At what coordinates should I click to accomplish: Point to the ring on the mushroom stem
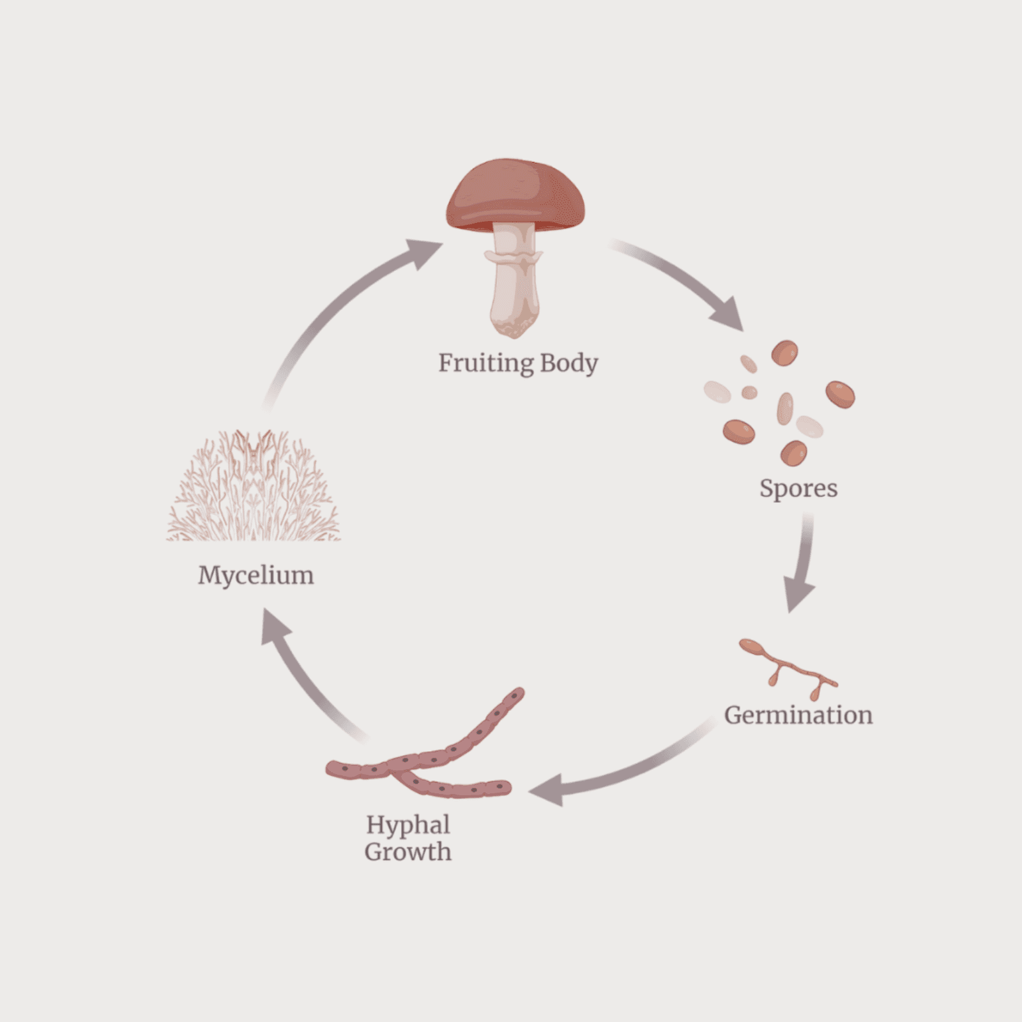tap(514, 257)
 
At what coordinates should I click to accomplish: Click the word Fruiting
tap(485, 363)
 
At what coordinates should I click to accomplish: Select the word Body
tap(568, 363)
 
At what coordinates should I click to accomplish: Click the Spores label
tap(798, 489)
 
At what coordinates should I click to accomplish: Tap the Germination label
tap(798, 715)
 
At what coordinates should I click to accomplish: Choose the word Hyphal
tap(408, 825)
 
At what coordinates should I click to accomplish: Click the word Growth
tap(408, 852)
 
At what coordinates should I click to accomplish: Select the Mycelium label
tap(256, 575)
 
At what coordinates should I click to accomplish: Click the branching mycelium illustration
tap(254, 489)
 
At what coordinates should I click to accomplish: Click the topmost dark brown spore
tap(784, 353)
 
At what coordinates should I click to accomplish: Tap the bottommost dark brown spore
tap(794, 453)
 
